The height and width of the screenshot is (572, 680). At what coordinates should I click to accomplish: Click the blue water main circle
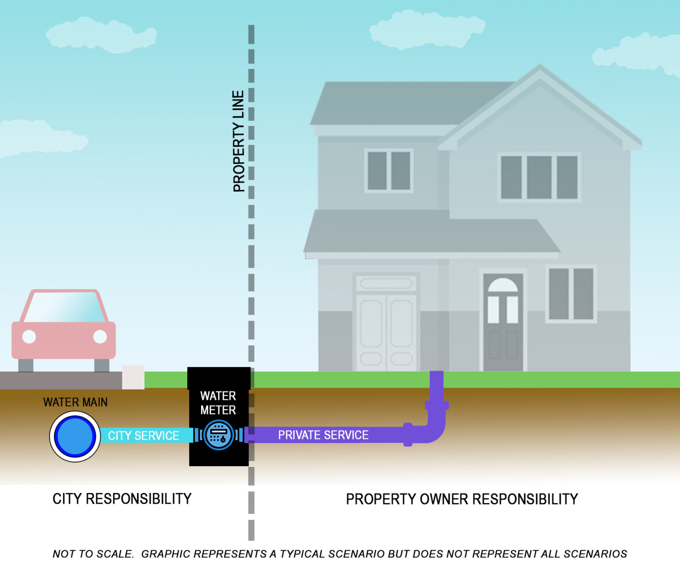point(75,437)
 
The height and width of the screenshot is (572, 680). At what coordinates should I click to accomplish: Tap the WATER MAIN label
point(75,402)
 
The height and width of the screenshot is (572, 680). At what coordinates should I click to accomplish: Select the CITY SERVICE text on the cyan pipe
point(143,436)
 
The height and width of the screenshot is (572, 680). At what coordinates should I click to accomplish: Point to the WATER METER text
point(218,403)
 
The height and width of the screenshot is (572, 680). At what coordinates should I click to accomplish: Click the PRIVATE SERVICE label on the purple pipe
point(323,435)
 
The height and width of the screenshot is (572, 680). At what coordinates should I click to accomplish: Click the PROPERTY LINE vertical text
point(239,141)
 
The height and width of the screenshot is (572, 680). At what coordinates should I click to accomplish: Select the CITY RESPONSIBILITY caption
point(122,499)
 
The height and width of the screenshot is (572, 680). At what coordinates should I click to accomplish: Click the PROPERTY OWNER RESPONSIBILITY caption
point(462,499)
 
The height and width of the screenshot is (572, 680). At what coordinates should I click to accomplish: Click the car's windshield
point(64,307)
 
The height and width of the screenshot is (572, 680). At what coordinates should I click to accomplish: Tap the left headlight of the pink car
point(29,336)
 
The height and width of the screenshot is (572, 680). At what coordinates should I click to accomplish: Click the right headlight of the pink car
point(100,336)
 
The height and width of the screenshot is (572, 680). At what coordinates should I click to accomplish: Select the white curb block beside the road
point(133,377)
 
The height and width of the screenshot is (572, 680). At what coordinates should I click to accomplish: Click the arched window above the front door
point(503,286)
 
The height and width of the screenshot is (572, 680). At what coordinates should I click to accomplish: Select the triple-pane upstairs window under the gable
point(539,177)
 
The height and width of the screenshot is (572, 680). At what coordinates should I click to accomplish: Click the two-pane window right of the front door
point(571,294)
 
